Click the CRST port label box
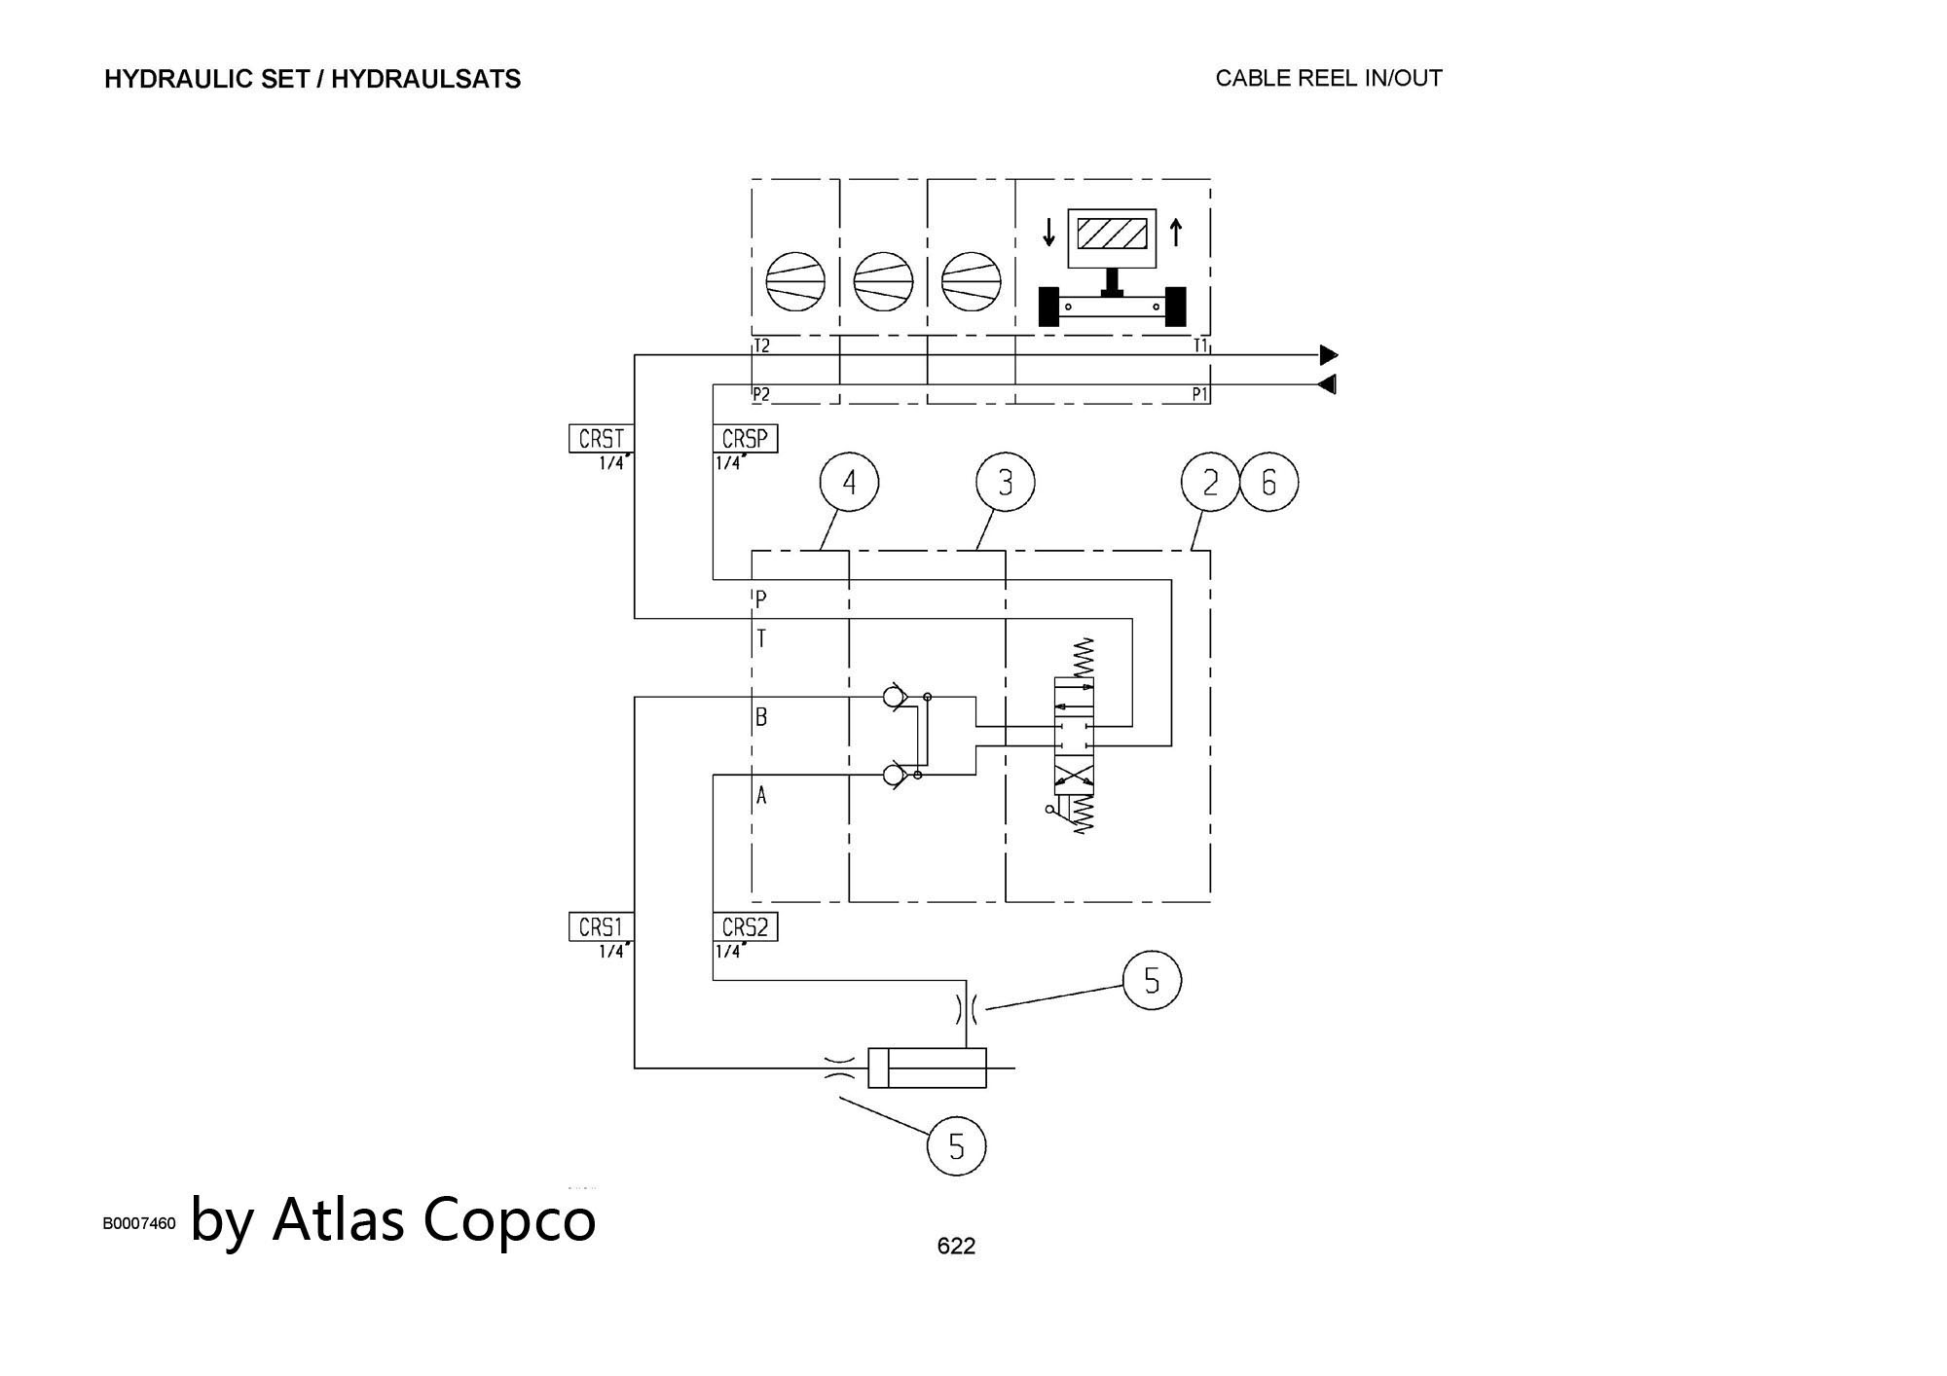pyautogui.click(x=601, y=439)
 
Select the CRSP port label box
pyautogui.click(x=745, y=439)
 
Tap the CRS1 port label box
pyautogui.click(x=601, y=927)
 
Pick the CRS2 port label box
pyautogui.click(x=745, y=927)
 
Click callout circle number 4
pyautogui.click(x=849, y=482)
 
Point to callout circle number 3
pyautogui.click(x=1005, y=482)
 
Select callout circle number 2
pyautogui.click(x=1210, y=482)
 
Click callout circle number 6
pyautogui.click(x=1268, y=482)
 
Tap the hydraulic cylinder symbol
pyautogui.click(x=927, y=1068)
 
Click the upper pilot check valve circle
pyautogui.click(x=892, y=697)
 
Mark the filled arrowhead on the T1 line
pyautogui.click(x=1328, y=355)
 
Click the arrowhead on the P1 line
pyautogui.click(x=1327, y=384)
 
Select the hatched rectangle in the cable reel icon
pyautogui.click(x=1112, y=234)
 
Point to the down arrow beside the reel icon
pyautogui.click(x=1048, y=233)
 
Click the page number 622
pyautogui.click(x=956, y=1246)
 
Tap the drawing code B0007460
pyautogui.click(x=139, y=1223)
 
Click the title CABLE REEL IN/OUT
pyautogui.click(x=1328, y=78)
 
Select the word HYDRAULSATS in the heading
pyautogui.click(x=425, y=79)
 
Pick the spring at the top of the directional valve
pyautogui.click(x=1083, y=658)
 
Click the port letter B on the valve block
pyautogui.click(x=761, y=717)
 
